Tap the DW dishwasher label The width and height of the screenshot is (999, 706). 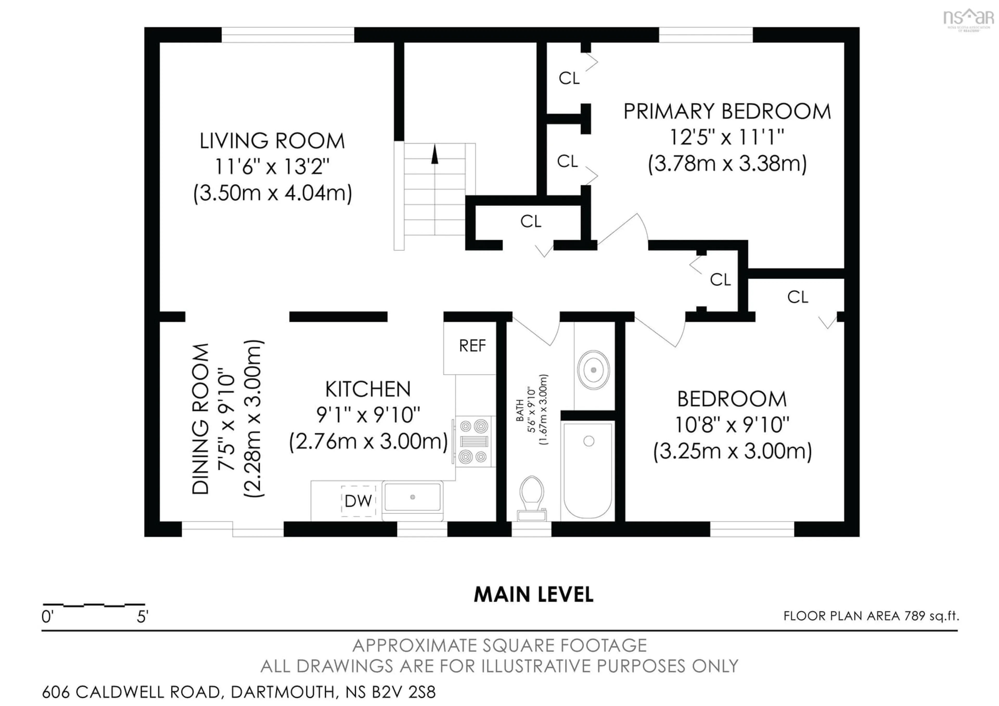click(x=358, y=501)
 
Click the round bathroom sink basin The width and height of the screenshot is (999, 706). click(x=593, y=370)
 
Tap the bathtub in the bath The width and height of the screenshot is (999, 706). click(x=587, y=470)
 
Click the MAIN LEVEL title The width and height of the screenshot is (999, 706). click(x=533, y=595)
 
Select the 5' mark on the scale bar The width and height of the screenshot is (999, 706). click(x=142, y=616)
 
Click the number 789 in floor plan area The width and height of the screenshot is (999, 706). click(x=915, y=616)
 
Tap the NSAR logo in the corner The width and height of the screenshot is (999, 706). click(x=968, y=18)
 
